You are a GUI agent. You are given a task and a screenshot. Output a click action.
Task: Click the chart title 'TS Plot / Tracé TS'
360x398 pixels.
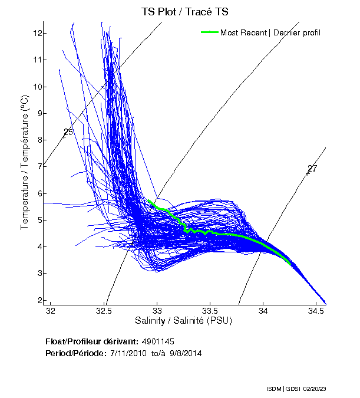185,11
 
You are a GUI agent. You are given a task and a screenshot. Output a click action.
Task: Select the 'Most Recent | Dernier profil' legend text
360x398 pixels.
270,32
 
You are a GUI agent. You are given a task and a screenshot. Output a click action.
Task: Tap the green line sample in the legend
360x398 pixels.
210,32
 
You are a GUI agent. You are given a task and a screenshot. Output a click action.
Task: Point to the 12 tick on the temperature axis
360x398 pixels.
38,33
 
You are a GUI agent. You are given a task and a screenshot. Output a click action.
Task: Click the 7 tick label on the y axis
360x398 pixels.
38,166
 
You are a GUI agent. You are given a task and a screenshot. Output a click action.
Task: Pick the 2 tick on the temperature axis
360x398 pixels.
38,300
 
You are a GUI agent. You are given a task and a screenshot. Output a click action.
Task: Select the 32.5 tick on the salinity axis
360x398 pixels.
104,310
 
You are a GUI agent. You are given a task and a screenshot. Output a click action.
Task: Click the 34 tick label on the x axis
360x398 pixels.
263,310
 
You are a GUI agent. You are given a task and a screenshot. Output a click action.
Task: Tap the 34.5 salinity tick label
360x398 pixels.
316,310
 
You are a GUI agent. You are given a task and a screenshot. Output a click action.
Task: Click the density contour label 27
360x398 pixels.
312,169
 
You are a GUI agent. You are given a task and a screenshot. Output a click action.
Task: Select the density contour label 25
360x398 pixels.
68,133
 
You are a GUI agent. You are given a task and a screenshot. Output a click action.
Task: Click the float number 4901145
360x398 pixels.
158,341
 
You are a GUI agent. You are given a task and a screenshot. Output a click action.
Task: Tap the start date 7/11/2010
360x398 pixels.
130,353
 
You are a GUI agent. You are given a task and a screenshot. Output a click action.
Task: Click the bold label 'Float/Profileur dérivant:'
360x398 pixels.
91,341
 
